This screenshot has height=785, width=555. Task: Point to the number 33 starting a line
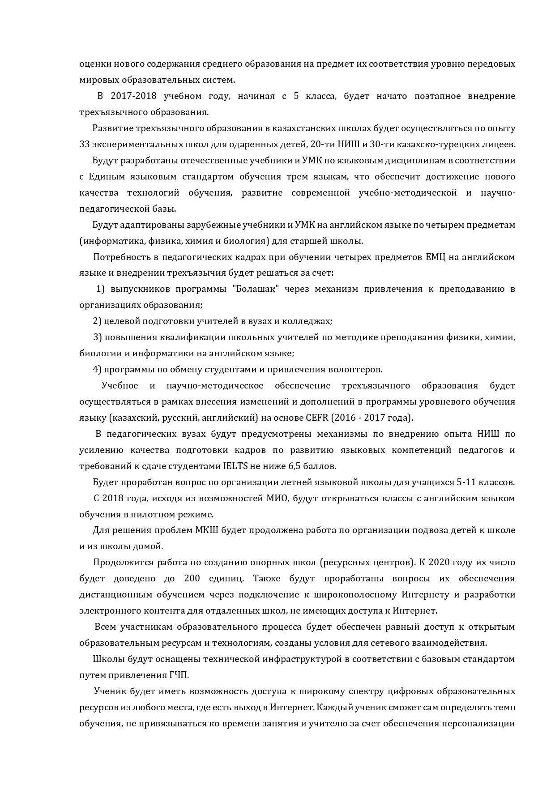tap(85, 144)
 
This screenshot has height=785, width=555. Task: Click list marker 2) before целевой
tap(97, 321)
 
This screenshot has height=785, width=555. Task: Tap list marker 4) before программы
tap(97, 370)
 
